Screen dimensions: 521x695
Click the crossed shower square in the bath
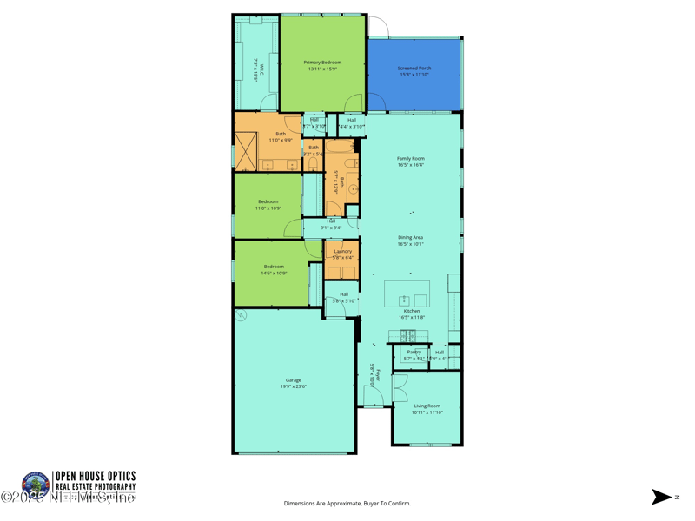(245, 151)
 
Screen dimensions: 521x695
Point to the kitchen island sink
(404, 300)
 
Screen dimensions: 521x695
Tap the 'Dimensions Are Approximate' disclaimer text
(347, 504)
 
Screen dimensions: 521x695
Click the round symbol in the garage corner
(242, 315)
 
